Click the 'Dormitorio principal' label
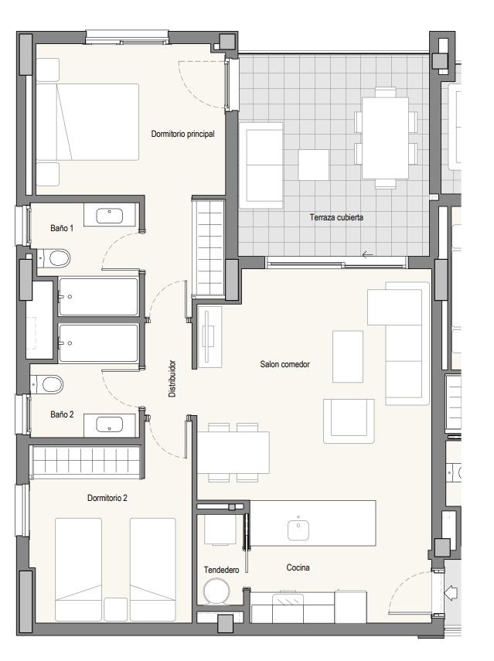click(182, 134)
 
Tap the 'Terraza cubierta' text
click(336, 217)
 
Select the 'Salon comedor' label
click(285, 364)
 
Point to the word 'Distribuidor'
click(172, 379)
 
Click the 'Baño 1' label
click(62, 228)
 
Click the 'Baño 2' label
click(62, 414)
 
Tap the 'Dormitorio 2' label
click(107, 498)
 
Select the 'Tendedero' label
click(221, 570)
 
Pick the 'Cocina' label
click(298, 567)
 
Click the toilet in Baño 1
click(55, 258)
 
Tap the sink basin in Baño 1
click(110, 216)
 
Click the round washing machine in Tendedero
click(216, 591)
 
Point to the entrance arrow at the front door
click(451, 592)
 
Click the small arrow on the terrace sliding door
click(367, 254)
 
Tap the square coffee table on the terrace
click(314, 165)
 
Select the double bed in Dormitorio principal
click(87, 122)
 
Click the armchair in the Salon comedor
click(349, 421)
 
